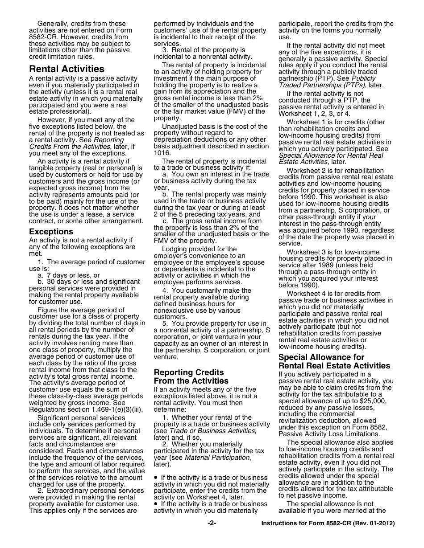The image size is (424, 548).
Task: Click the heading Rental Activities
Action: click(67, 69)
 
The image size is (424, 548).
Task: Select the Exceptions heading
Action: click(51, 232)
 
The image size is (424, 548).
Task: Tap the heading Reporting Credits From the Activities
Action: click(191, 376)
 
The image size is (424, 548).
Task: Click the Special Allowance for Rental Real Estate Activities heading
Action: click(334, 361)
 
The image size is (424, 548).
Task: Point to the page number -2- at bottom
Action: click(212, 523)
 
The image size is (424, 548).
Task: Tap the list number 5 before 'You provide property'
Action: click(165, 323)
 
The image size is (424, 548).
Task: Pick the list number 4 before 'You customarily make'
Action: click(165, 290)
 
